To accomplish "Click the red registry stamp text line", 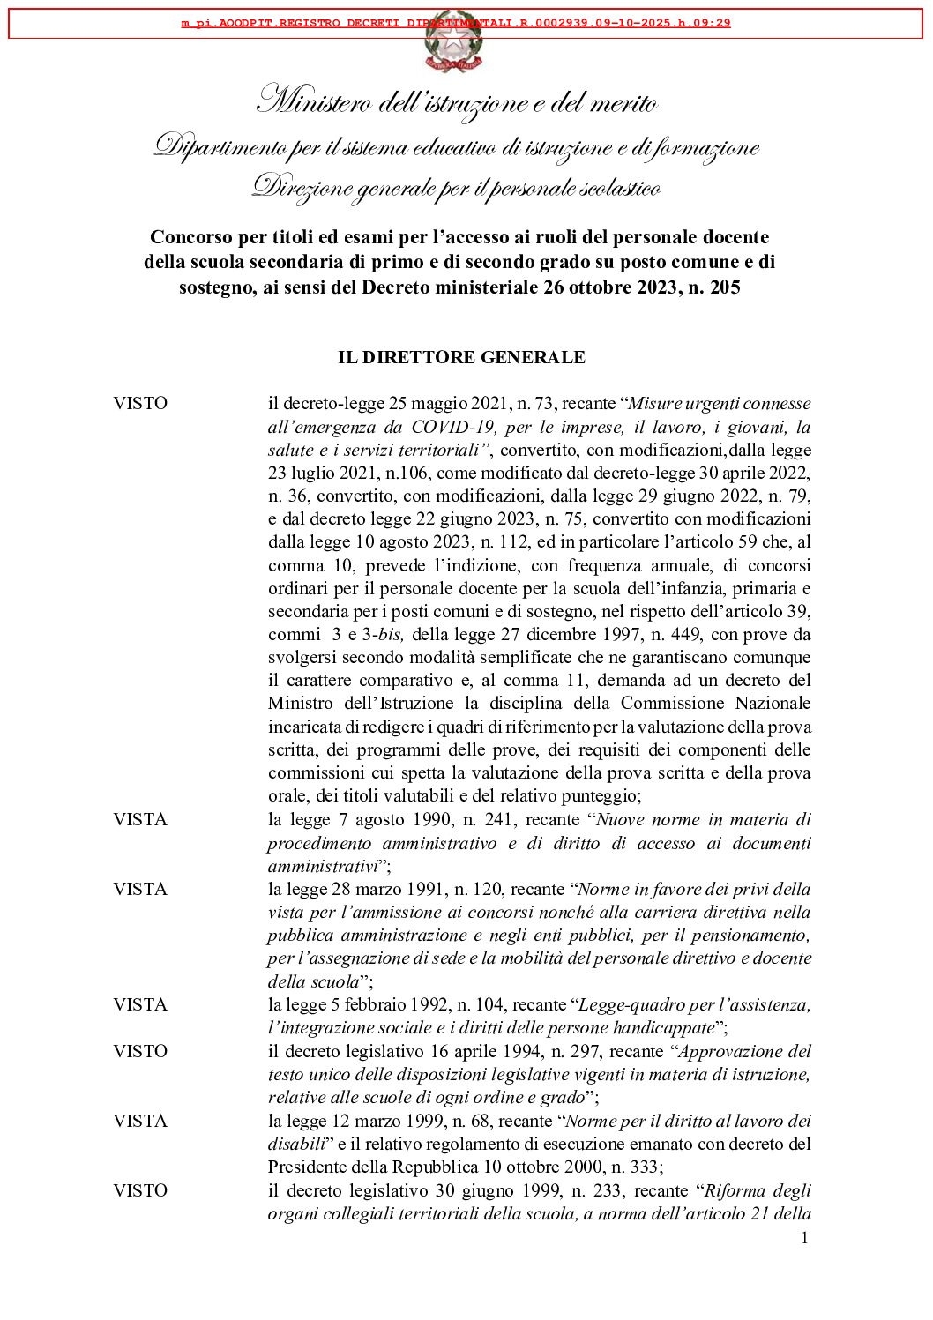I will (x=456, y=23).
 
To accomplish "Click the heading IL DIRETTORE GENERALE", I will (x=461, y=357).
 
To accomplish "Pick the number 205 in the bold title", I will (x=724, y=287).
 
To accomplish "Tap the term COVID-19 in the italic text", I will (x=456, y=427).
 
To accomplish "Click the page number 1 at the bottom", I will (x=804, y=1238).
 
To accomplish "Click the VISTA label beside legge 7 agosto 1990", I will (x=140, y=819).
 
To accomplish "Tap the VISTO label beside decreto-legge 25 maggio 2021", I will (x=140, y=403).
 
